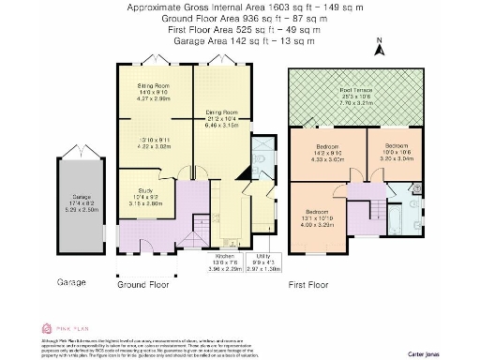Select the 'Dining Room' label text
[222, 113]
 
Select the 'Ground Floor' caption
[142, 281]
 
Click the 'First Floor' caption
[311, 281]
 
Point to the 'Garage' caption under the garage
[71, 281]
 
